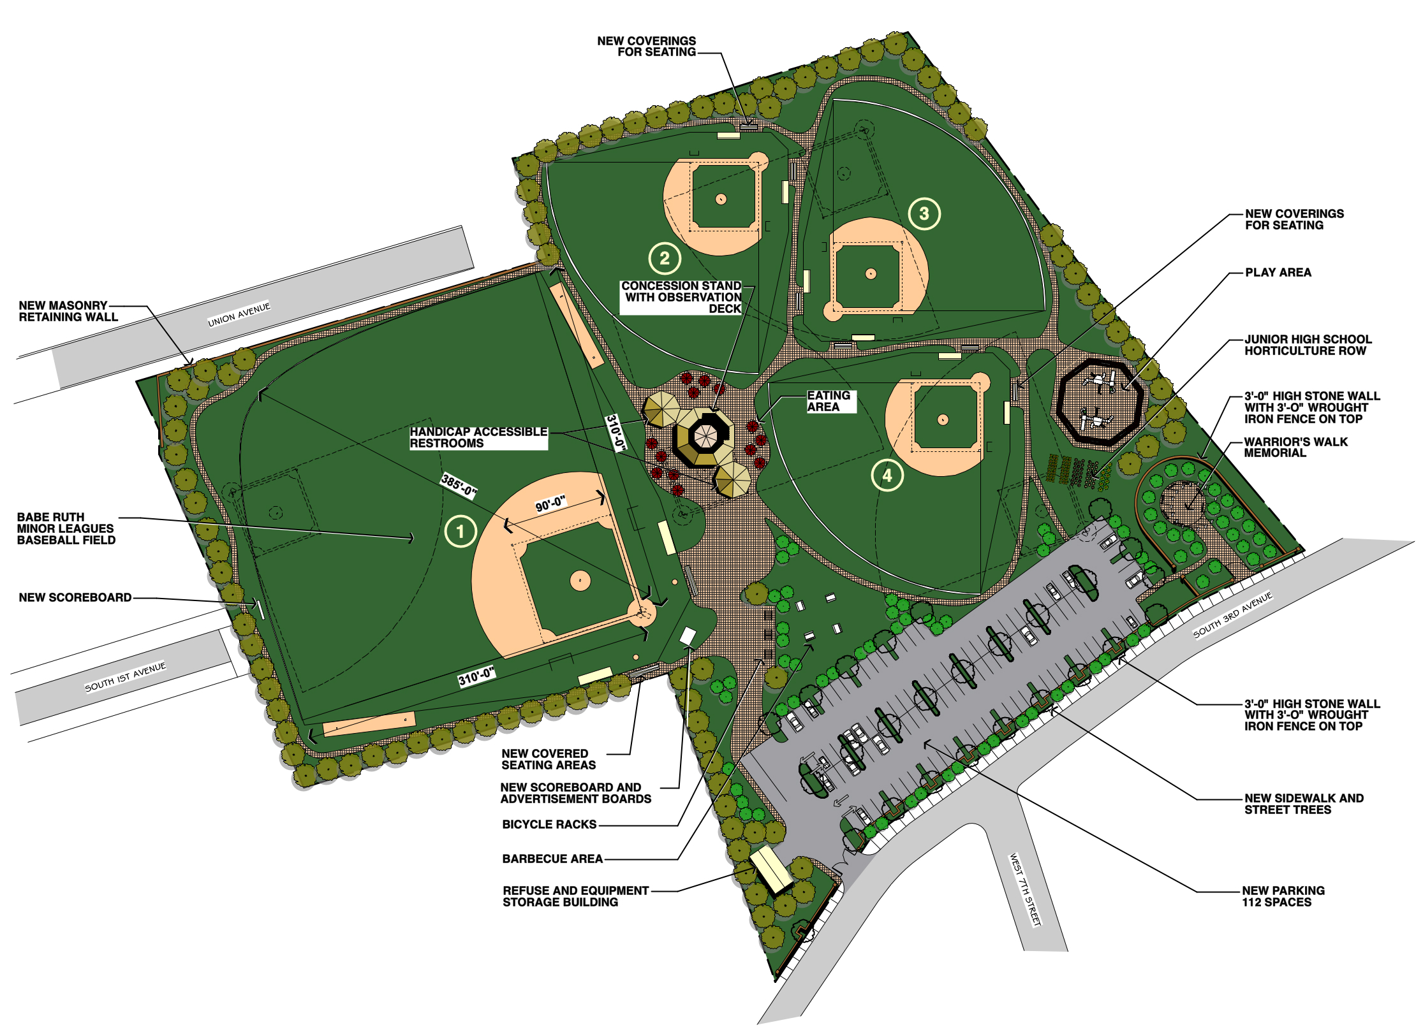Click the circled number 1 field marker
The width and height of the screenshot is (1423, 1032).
[x=460, y=531]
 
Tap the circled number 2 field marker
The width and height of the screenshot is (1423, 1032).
[x=665, y=258]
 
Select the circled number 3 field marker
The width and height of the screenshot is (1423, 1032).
[x=924, y=214]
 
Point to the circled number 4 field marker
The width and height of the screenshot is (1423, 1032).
[x=887, y=475]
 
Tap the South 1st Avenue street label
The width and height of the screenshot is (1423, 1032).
[x=125, y=677]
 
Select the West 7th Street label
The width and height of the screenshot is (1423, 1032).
[x=1025, y=890]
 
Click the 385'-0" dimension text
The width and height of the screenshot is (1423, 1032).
[x=459, y=485]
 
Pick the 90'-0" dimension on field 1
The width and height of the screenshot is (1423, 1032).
[x=550, y=504]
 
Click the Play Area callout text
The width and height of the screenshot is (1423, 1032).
[x=1278, y=273]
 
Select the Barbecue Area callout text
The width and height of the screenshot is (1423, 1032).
[x=552, y=859]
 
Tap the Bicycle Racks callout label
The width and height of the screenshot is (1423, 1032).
[x=549, y=824]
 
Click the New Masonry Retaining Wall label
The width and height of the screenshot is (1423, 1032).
[x=68, y=311]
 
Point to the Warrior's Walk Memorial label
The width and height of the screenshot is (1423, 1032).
[x=1295, y=447]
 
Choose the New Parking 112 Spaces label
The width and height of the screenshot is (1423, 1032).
[x=1283, y=896]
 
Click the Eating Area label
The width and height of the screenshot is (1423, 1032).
[x=829, y=401]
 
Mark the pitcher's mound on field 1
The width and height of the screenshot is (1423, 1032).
[x=580, y=580]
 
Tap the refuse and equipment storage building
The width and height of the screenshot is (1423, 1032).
[x=771, y=870]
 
